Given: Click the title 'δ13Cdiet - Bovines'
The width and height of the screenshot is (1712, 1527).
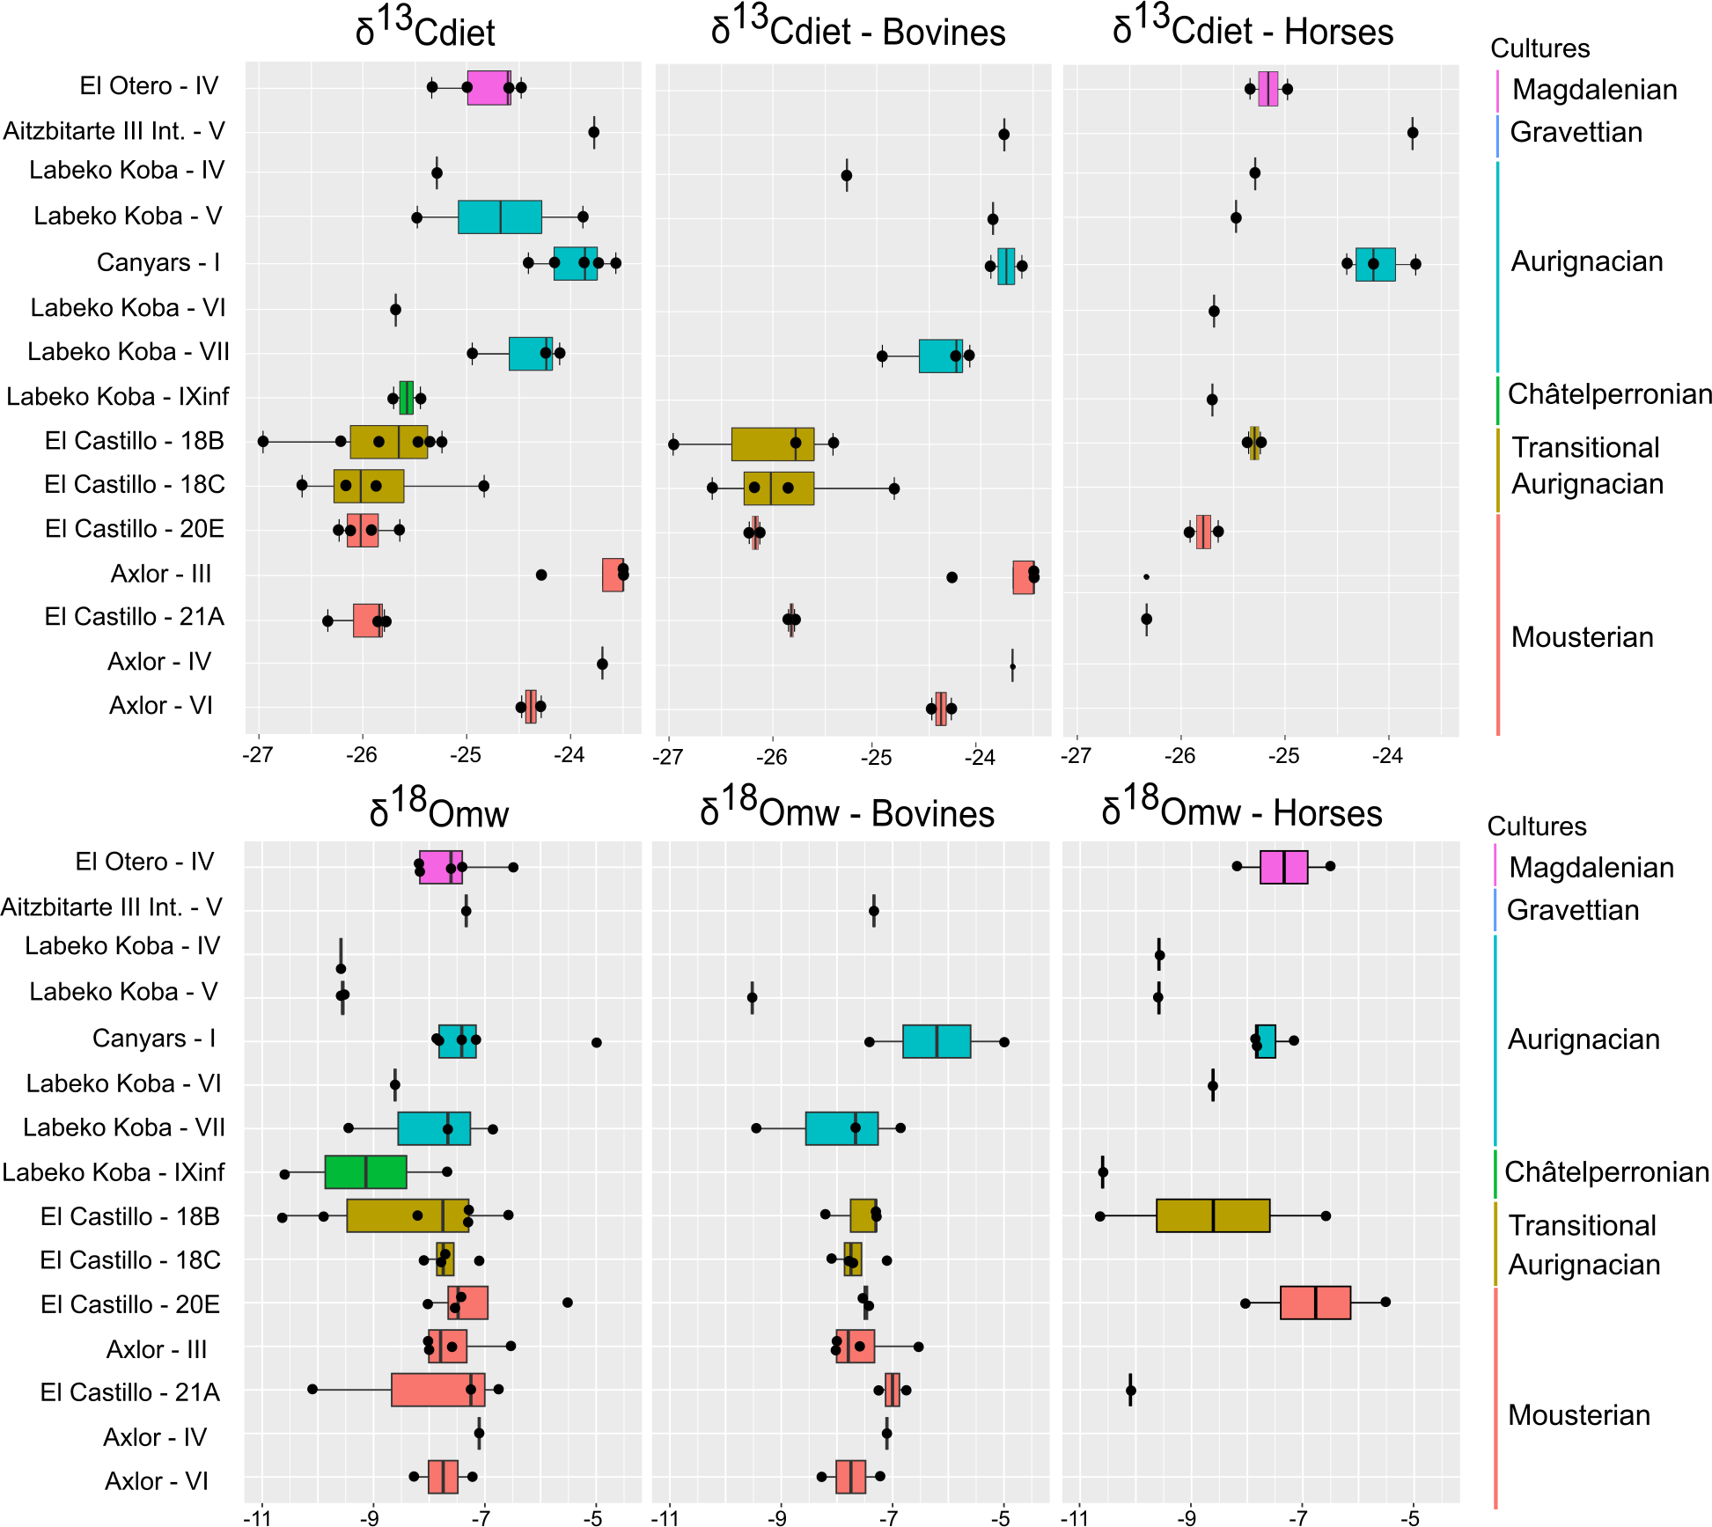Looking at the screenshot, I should pos(858,32).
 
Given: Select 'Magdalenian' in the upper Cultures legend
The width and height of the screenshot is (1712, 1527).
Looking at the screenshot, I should pos(1594,90).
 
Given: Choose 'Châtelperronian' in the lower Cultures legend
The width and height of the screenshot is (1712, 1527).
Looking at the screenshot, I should pos(1606,1172).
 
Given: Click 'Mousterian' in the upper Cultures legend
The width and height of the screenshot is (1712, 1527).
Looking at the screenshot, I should pos(1582,637).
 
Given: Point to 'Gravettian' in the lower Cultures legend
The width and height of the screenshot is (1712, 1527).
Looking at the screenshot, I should pos(1573,910).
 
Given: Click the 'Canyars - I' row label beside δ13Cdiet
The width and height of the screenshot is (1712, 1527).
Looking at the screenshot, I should pos(158,262).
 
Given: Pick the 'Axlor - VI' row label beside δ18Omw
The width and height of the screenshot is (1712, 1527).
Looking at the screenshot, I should pos(157,1481).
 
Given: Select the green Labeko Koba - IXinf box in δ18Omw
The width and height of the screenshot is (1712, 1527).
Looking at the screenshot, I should pos(365,1172).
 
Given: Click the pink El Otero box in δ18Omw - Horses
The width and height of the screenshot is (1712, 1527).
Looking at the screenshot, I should pos(1283,867).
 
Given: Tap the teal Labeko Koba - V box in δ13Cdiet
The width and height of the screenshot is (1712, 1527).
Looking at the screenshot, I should pos(499,217).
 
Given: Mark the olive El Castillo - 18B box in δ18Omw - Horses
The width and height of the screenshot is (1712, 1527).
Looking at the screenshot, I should pos(1213,1215).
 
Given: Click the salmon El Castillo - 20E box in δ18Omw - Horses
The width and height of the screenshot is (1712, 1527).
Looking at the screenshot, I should pos(1315,1303).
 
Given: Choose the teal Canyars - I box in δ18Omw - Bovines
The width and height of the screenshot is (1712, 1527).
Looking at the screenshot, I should pos(937,1041).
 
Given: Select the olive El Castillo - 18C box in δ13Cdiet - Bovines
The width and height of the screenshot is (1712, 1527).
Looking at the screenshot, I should pos(778,488).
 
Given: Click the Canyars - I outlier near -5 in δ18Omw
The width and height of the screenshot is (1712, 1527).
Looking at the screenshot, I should pos(597,1043).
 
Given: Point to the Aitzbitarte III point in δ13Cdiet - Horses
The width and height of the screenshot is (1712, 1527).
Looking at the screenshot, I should pos(1413,133).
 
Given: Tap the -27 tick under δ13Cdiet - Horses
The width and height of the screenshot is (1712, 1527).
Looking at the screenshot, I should pos(1076,756).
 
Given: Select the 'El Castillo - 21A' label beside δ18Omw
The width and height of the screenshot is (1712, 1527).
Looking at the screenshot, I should pos(130,1392).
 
